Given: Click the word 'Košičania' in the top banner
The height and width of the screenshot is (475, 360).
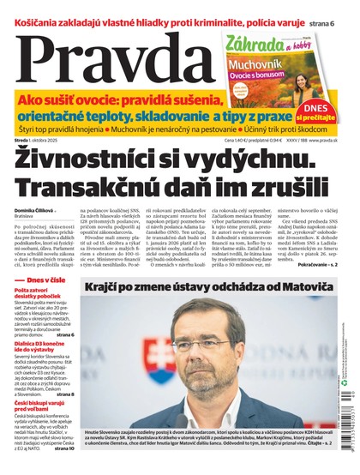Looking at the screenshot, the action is click(35, 9).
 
